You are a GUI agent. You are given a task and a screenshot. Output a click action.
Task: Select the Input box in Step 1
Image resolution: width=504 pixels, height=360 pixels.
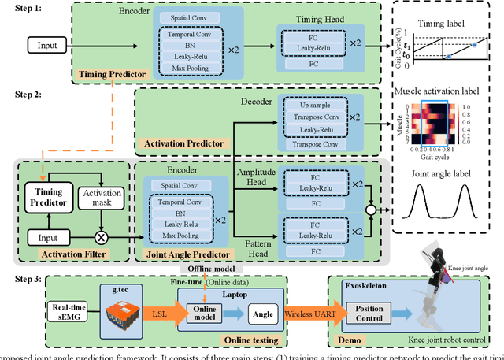coord(46,46)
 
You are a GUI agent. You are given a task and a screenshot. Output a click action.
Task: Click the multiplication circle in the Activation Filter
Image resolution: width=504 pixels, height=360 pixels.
coord(101,236)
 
